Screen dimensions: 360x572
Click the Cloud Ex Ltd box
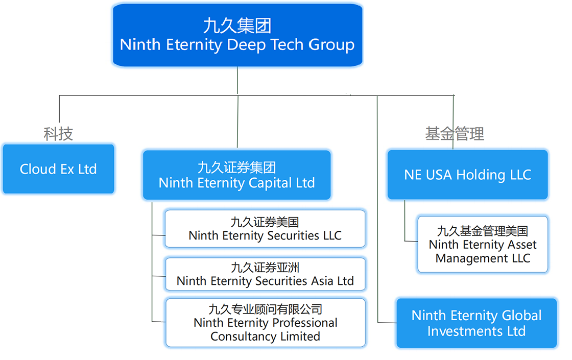[58, 169]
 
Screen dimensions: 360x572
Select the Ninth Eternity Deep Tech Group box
[237, 35]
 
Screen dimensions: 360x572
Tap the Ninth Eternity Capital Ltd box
[237, 175]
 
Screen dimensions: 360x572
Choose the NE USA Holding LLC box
[467, 175]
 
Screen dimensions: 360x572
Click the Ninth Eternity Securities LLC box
[265, 229]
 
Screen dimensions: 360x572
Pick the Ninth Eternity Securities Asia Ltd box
[265, 274]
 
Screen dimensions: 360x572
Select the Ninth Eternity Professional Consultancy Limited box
[265, 323]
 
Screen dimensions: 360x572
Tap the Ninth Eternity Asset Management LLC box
[483, 245]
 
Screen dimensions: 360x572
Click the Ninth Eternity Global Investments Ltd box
[476, 323]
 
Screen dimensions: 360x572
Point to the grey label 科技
[58, 134]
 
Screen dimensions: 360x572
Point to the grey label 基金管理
[455, 134]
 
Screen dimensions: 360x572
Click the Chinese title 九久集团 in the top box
[237, 26]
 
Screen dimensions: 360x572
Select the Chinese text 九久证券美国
[265, 222]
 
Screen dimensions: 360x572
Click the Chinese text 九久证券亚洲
[265, 267]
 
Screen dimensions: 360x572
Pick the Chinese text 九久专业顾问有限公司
[265, 309]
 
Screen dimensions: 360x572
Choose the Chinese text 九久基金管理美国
[483, 231]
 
